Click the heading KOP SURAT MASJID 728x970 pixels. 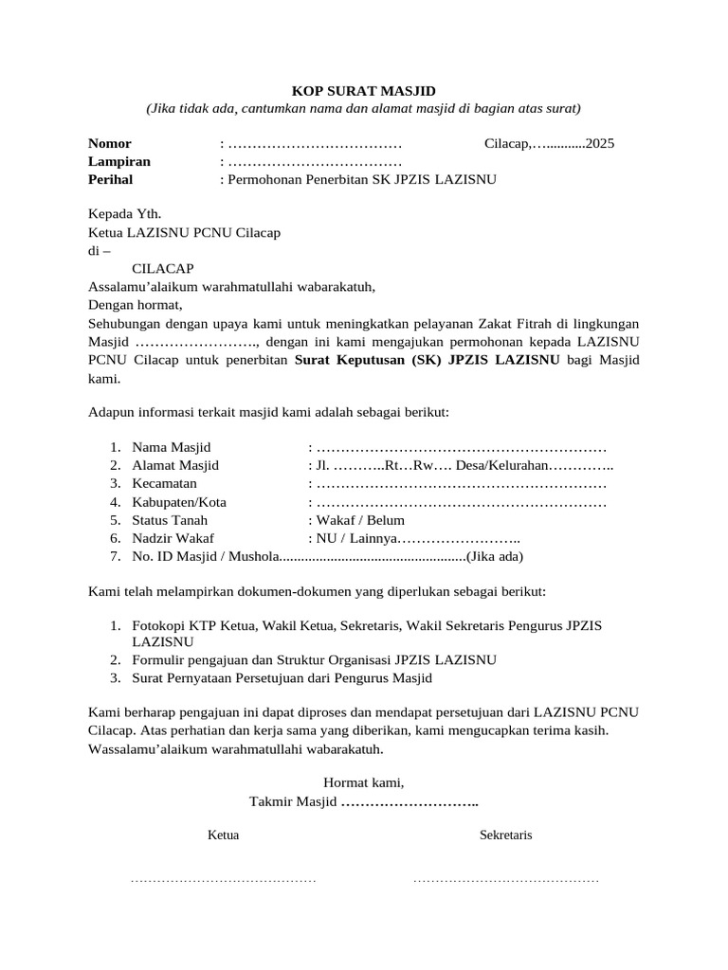point(364,91)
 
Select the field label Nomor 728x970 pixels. point(110,144)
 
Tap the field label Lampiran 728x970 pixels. point(119,161)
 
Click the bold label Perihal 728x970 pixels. point(111,179)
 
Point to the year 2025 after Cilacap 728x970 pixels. point(601,144)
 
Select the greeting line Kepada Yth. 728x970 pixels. point(124,214)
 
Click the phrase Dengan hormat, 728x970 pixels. point(134,305)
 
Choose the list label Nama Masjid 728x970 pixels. point(172,447)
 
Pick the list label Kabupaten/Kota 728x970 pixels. point(179,502)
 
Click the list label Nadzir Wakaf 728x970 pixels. point(173,538)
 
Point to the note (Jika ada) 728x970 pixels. point(495,556)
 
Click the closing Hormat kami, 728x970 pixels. point(364,782)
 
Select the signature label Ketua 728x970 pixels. point(224,835)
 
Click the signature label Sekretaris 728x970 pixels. point(506,835)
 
